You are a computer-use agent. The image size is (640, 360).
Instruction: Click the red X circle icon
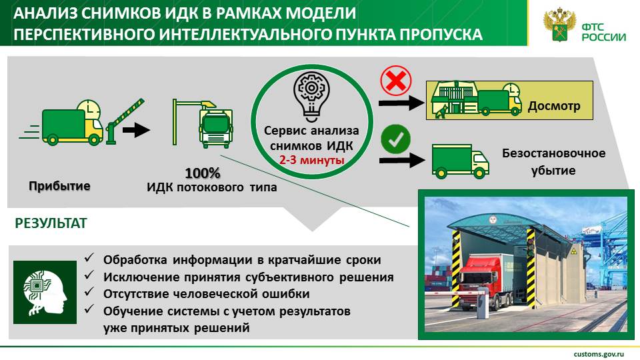[395, 81]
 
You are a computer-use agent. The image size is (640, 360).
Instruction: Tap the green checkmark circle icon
[395, 140]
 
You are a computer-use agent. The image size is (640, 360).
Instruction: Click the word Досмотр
[554, 106]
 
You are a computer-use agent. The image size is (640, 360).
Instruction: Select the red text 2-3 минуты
[312, 159]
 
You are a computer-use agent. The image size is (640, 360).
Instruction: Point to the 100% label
[203, 173]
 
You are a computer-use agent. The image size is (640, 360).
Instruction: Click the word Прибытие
[59, 186]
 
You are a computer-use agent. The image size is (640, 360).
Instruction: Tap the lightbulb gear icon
[311, 96]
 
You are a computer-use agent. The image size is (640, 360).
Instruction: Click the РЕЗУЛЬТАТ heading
[51, 223]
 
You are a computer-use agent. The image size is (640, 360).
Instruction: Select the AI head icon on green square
[45, 292]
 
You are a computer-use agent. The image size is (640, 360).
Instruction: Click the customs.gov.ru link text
[599, 354]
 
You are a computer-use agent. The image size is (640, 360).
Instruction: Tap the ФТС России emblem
[559, 26]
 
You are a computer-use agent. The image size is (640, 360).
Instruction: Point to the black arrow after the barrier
[136, 130]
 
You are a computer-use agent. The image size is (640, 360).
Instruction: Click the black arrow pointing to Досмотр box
[401, 103]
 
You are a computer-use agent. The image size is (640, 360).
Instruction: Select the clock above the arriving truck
[89, 109]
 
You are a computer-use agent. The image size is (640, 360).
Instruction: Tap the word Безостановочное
[553, 153]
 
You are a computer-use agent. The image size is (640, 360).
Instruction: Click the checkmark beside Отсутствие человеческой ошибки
[89, 292]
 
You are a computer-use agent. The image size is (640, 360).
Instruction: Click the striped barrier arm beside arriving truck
[125, 115]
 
